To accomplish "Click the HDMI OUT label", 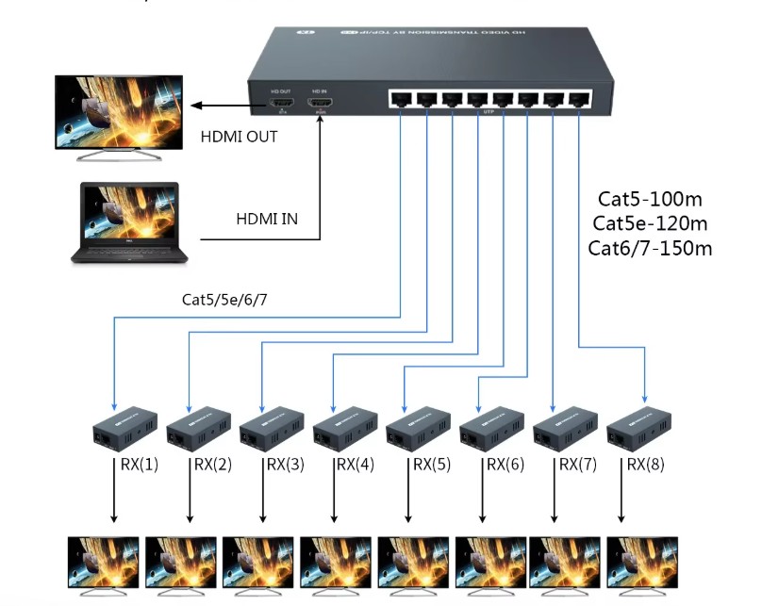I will click(240, 136).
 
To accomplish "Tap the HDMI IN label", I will click(267, 219).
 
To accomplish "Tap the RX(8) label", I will click(648, 464).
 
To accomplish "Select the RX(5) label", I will click(429, 464).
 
